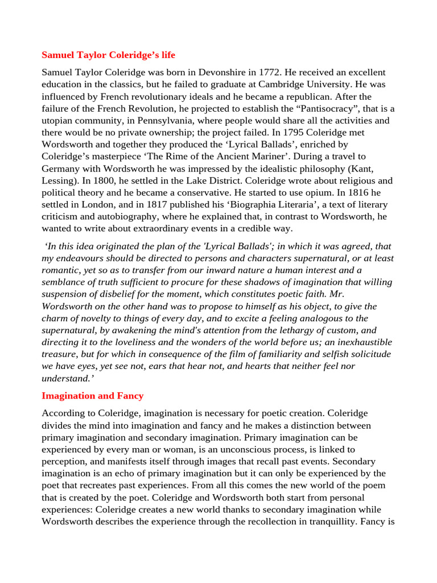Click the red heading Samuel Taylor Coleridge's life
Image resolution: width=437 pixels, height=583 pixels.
click(108, 55)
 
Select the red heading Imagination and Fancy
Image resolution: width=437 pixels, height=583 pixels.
click(92, 395)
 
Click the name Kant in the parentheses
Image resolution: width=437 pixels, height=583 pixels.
click(360, 169)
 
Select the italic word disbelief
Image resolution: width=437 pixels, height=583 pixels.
click(129, 294)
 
